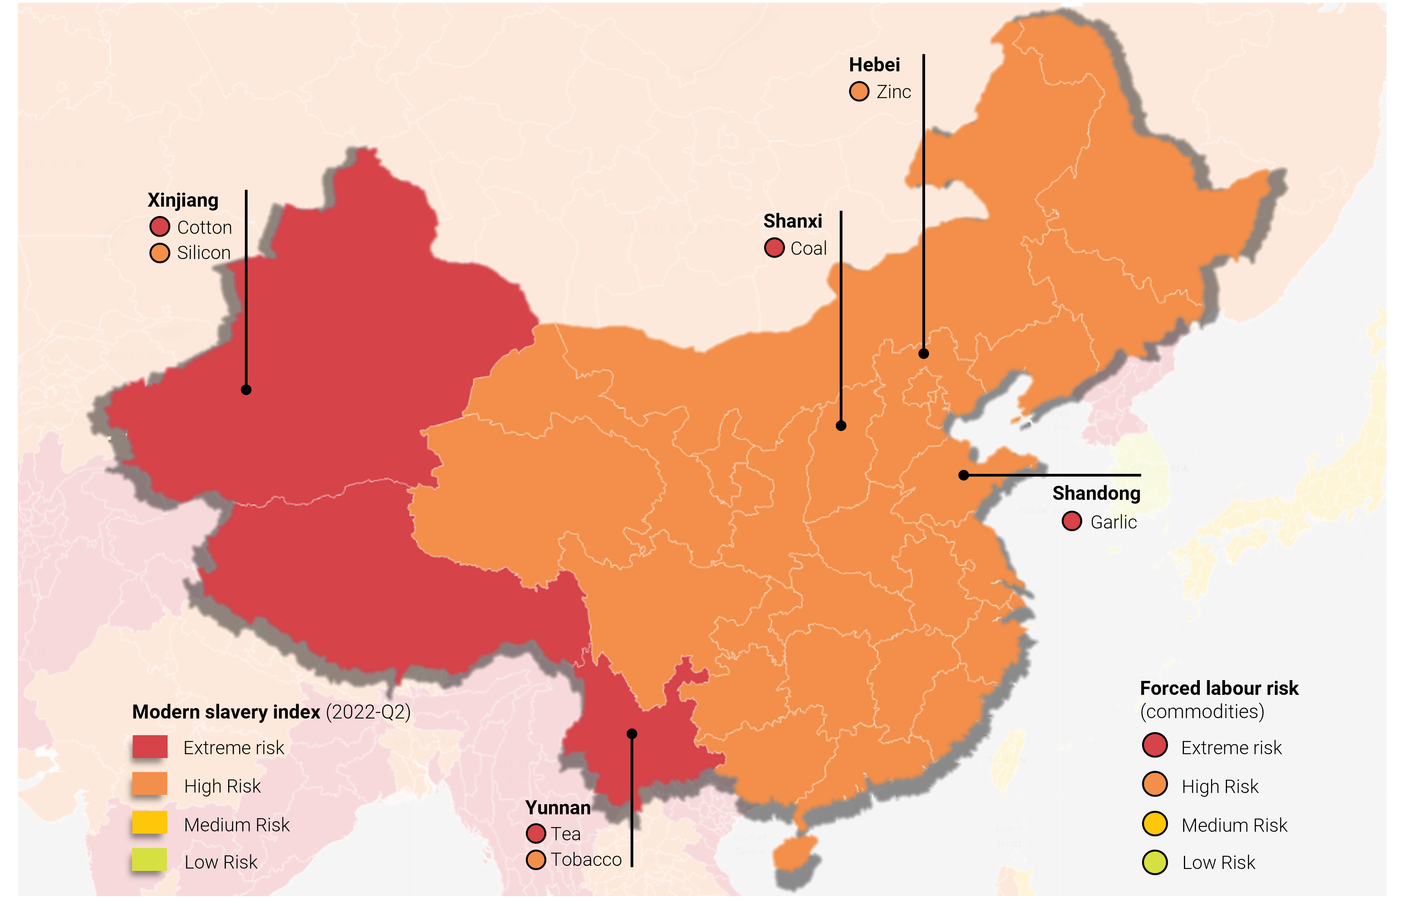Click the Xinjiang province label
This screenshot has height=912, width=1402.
pyautogui.click(x=183, y=200)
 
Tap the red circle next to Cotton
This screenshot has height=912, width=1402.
pyautogui.click(x=159, y=227)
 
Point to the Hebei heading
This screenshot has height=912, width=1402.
pyautogui.click(x=874, y=65)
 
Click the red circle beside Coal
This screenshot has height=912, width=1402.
pyautogui.click(x=774, y=248)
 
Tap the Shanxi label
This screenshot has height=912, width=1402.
pyautogui.click(x=792, y=221)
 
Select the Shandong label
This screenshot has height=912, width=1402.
pyautogui.click(x=1096, y=493)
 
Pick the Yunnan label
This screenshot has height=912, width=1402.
pyautogui.click(x=557, y=808)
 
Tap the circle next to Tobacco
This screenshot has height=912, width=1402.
pyautogui.click(x=535, y=860)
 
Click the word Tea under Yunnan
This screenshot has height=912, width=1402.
pyautogui.click(x=565, y=834)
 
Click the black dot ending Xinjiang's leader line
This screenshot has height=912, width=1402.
pyautogui.click(x=246, y=390)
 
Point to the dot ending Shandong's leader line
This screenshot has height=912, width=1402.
pyautogui.click(x=964, y=475)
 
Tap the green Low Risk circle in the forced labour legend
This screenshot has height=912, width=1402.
pyautogui.click(x=1154, y=862)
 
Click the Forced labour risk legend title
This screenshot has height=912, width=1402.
pyautogui.click(x=1219, y=688)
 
